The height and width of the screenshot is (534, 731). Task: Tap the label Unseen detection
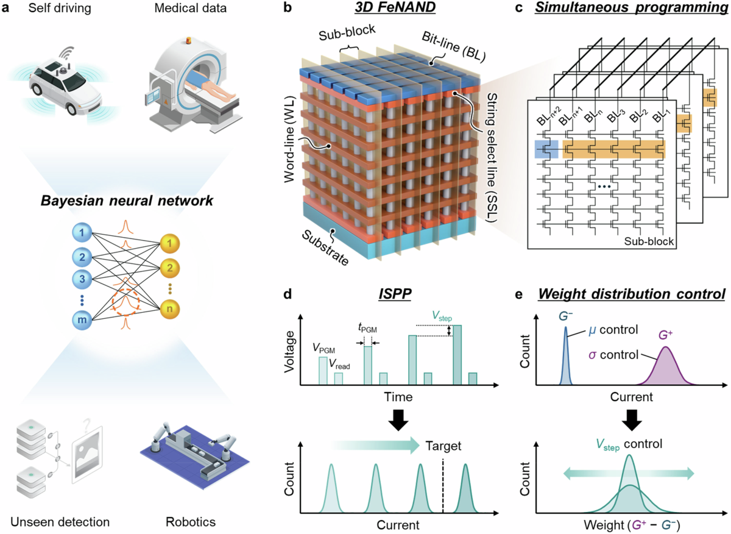coord(60,522)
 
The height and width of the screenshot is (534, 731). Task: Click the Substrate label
coord(323,247)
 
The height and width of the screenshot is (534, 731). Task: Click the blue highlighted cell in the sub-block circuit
coord(546,149)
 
